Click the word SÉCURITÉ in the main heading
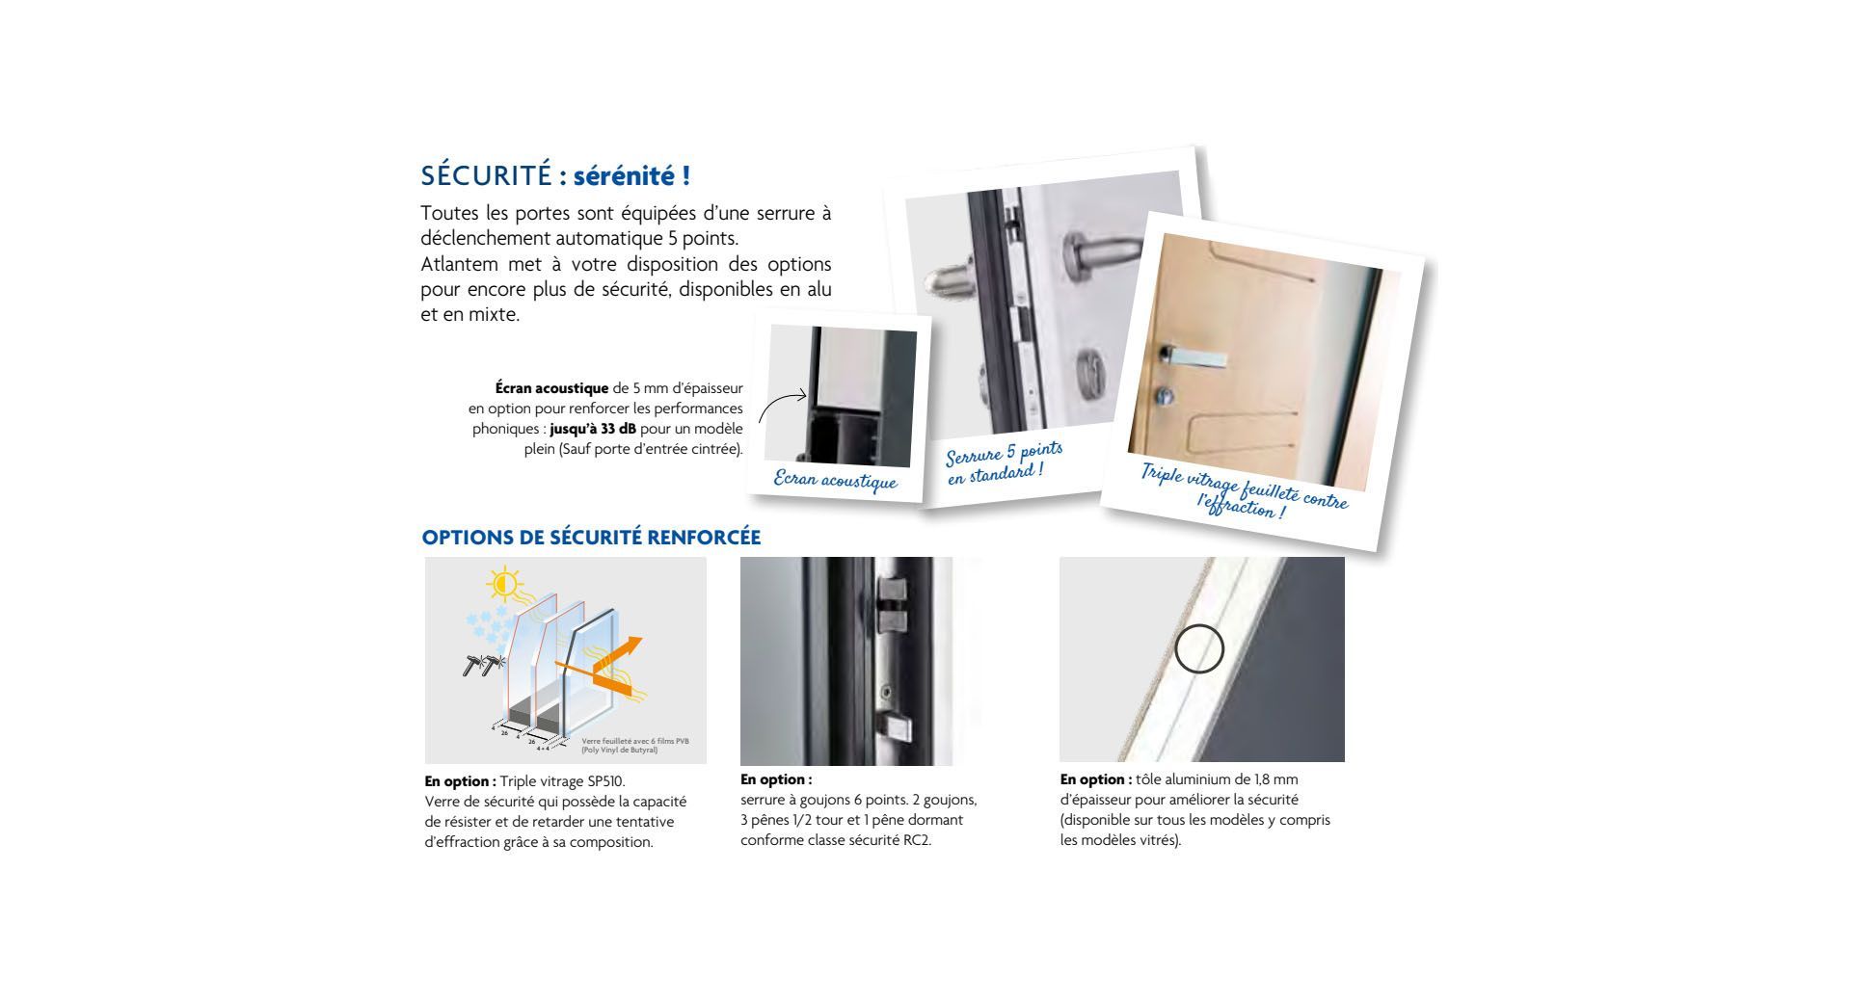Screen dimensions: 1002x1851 click(485, 177)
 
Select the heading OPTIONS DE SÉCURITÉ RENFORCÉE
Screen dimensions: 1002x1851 click(591, 538)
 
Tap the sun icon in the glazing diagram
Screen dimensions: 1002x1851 click(503, 584)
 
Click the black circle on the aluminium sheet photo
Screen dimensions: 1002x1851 click(1199, 648)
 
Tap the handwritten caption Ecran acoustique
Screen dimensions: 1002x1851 click(835, 481)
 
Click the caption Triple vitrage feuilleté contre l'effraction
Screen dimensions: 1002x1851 click(1244, 491)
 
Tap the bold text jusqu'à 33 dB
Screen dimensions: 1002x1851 click(593, 429)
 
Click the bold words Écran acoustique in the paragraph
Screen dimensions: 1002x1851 click(551, 388)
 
